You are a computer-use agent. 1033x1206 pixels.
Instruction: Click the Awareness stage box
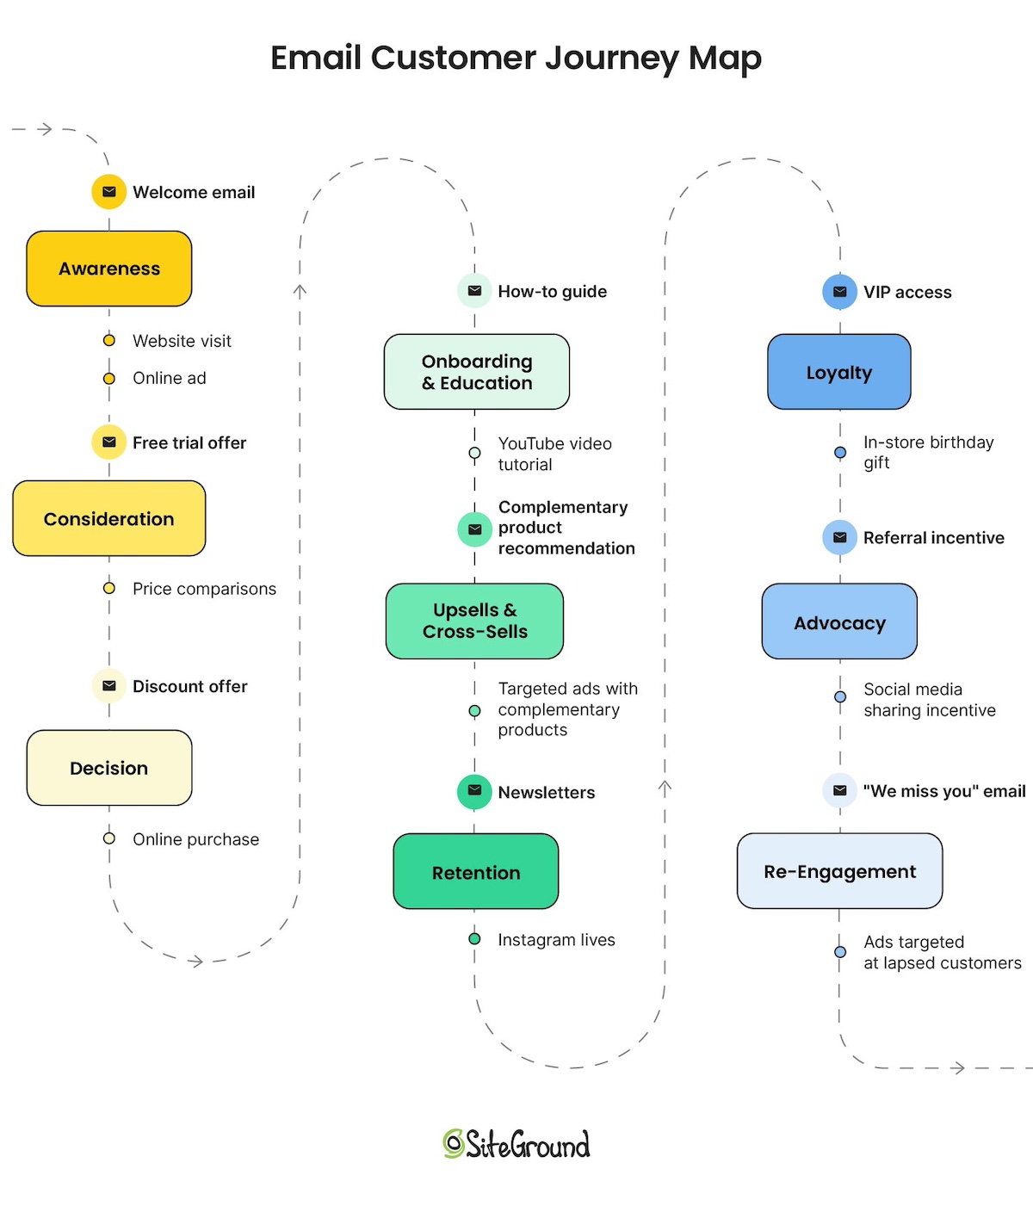(x=109, y=269)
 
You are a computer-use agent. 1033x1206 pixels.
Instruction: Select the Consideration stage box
(x=109, y=518)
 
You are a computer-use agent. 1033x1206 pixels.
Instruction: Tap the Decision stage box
(x=109, y=768)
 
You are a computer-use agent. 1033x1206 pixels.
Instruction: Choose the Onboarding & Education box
(x=477, y=372)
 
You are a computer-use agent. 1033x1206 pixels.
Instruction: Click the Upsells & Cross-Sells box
(x=475, y=621)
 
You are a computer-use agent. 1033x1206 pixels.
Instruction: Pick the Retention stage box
(x=476, y=871)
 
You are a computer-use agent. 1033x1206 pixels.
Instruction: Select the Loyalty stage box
(x=839, y=372)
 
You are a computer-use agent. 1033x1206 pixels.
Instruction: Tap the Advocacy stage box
(x=839, y=622)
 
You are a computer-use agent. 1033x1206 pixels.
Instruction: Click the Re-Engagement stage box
(x=839, y=870)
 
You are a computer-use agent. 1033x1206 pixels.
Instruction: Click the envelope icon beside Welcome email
(x=109, y=192)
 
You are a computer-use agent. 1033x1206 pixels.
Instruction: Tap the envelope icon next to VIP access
(x=840, y=292)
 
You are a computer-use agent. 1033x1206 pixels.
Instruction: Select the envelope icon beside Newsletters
(x=474, y=791)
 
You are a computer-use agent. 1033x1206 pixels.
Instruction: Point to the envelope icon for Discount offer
(x=109, y=686)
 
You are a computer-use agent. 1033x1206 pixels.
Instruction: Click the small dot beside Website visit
(x=109, y=341)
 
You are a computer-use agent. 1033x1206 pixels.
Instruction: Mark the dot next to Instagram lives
(x=474, y=939)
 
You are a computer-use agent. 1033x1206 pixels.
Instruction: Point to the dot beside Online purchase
(x=109, y=838)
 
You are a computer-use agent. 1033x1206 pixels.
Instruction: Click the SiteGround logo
(x=516, y=1144)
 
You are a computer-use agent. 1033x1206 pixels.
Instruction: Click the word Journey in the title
(x=611, y=59)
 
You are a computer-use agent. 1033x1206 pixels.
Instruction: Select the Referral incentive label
(x=933, y=538)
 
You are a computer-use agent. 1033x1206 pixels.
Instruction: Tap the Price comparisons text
(x=204, y=589)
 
